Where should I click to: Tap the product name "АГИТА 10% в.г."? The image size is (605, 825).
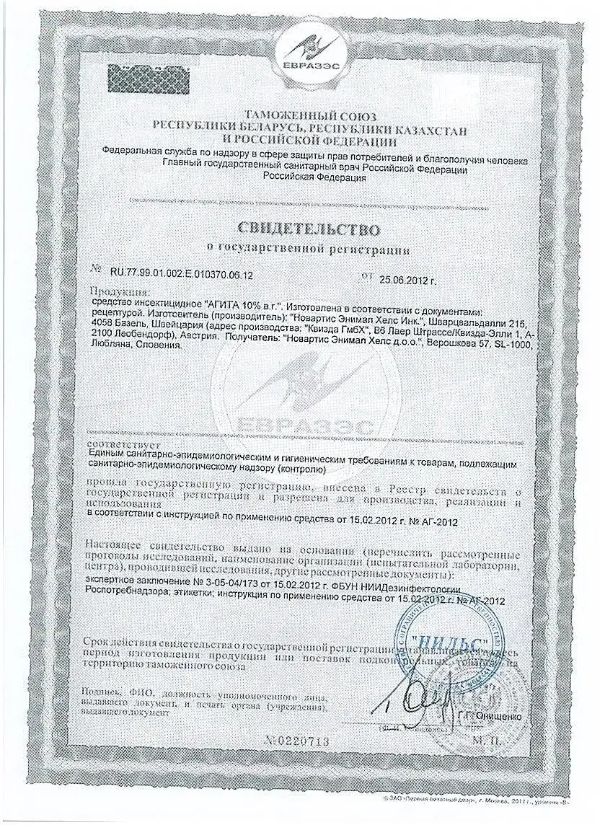pos(244,304)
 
